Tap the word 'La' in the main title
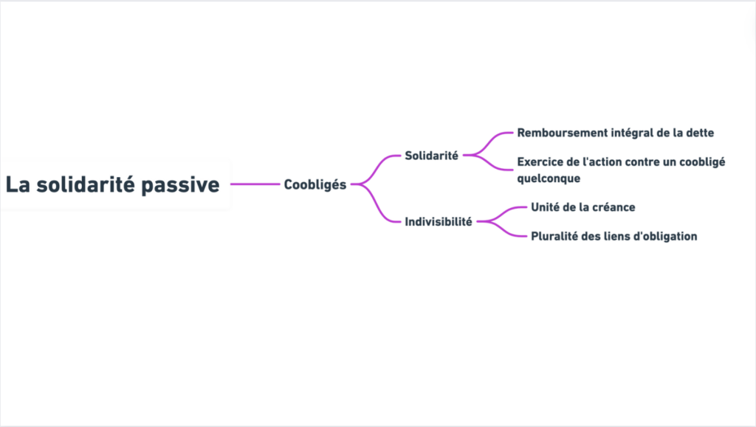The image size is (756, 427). click(x=18, y=184)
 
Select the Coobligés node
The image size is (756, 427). click(x=315, y=184)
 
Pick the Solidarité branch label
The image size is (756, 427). click(x=431, y=156)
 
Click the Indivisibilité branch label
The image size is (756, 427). click(x=439, y=221)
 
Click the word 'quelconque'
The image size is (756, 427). click(x=549, y=178)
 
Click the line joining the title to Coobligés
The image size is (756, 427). click(x=255, y=184)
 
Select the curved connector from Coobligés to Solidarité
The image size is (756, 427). click(x=376, y=168)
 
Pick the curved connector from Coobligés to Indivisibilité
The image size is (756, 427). click(x=376, y=201)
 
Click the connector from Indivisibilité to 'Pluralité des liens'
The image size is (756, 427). click(x=502, y=229)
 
